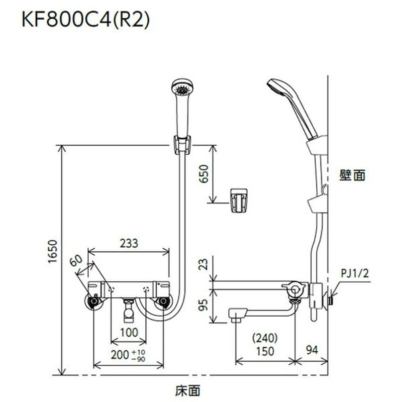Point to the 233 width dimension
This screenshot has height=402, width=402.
point(129,243)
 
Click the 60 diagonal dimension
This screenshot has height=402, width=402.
point(76,262)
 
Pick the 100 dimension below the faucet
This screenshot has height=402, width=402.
point(128,333)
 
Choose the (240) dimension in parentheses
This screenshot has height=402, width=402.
point(265,339)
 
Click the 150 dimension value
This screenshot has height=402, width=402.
point(265,351)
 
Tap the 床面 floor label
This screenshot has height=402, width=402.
point(191,388)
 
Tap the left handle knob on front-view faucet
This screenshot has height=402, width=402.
point(93,301)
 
